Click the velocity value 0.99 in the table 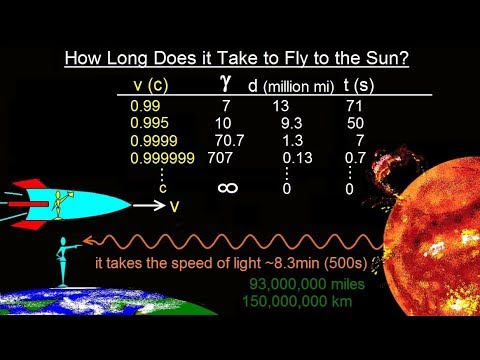pos(144,103)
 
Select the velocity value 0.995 pos(148,122)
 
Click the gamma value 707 pos(221,158)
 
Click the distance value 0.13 pos(297,158)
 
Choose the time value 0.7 pos(354,158)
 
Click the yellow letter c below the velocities pos(161,187)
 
